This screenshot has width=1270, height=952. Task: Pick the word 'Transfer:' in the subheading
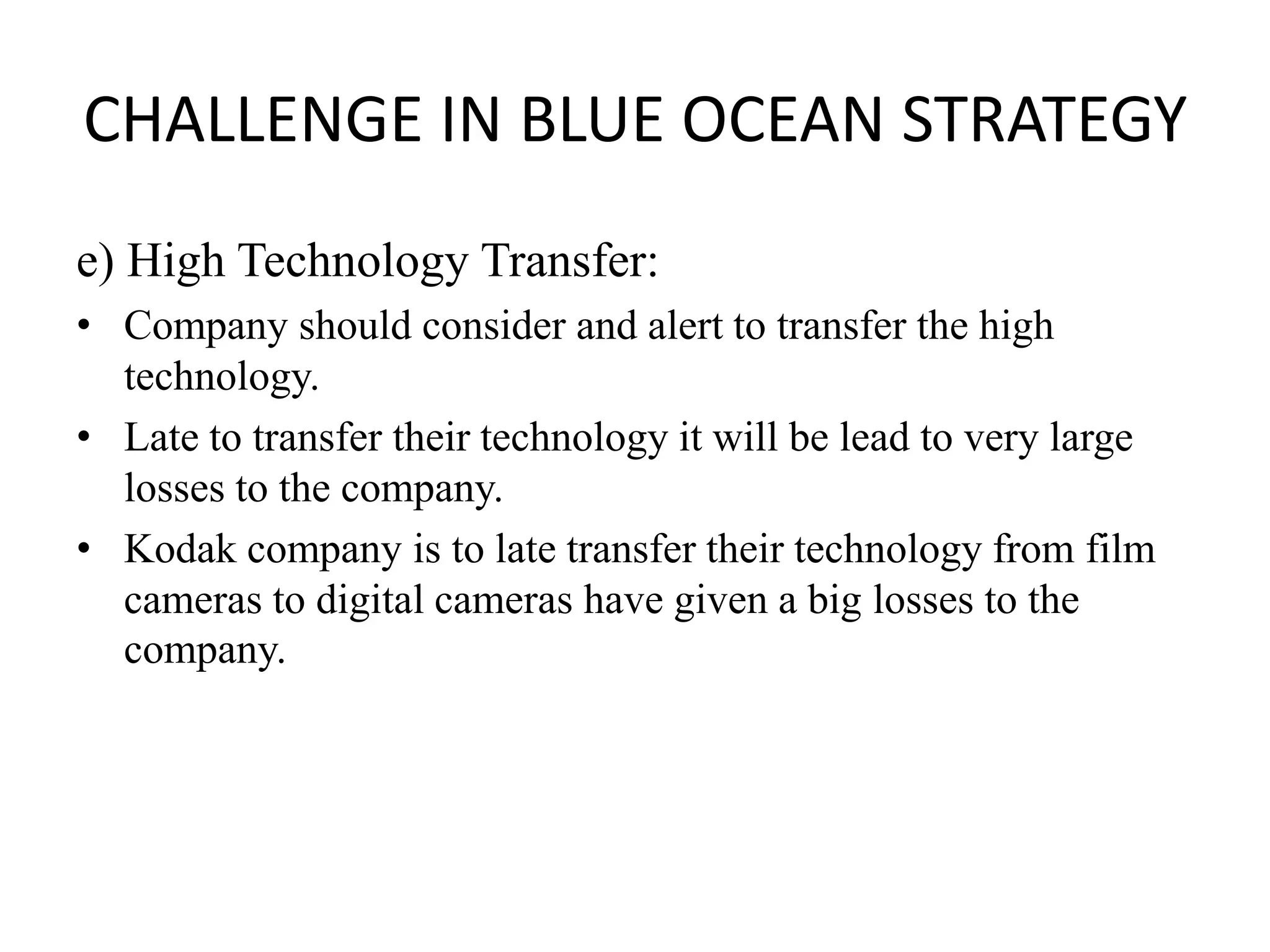pos(569,260)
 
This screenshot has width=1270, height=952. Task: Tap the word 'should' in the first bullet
pos(355,325)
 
